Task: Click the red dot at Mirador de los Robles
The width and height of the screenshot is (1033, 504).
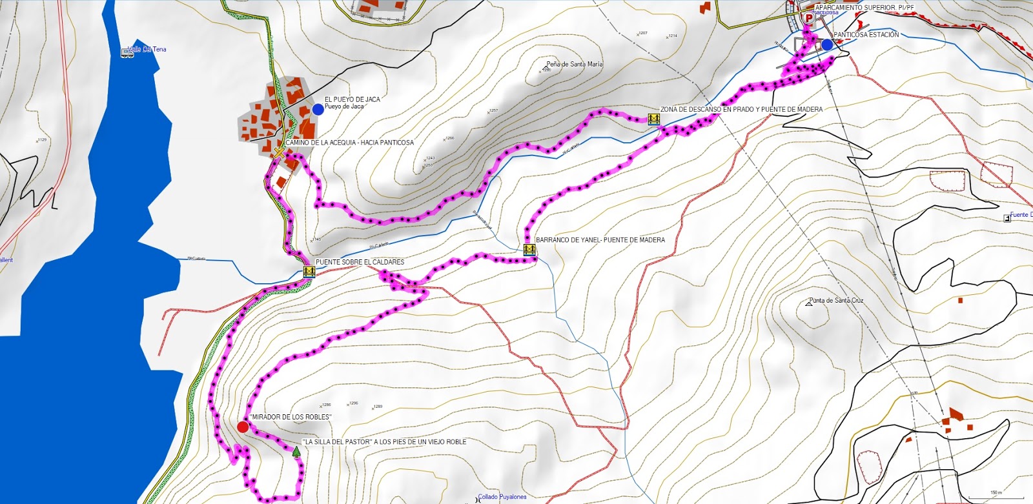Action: coord(243,427)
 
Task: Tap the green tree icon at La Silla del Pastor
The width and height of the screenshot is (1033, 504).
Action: coord(296,452)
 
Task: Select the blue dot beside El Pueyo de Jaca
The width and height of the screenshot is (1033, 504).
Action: coord(318,110)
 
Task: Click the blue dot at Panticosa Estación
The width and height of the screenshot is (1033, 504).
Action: coord(827,45)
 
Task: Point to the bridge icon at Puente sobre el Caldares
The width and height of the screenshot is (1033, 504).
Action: coord(309,272)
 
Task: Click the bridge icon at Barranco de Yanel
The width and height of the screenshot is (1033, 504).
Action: coord(529,250)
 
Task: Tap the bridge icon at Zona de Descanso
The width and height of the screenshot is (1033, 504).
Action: coord(653,119)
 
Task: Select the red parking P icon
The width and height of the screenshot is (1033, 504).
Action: coord(808,17)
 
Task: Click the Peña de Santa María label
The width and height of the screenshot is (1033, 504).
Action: coord(574,65)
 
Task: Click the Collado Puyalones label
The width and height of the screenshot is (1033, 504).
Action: coord(502,497)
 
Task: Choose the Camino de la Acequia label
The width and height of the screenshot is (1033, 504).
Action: coord(349,143)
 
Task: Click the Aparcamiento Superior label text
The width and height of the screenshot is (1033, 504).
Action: coord(864,8)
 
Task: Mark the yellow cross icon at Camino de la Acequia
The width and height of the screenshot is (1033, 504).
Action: coord(279,153)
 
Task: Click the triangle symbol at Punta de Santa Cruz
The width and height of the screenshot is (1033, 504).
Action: coord(809,303)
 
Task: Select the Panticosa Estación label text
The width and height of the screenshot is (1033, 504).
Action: coord(866,35)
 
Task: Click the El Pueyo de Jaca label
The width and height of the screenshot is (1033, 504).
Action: coord(352,99)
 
